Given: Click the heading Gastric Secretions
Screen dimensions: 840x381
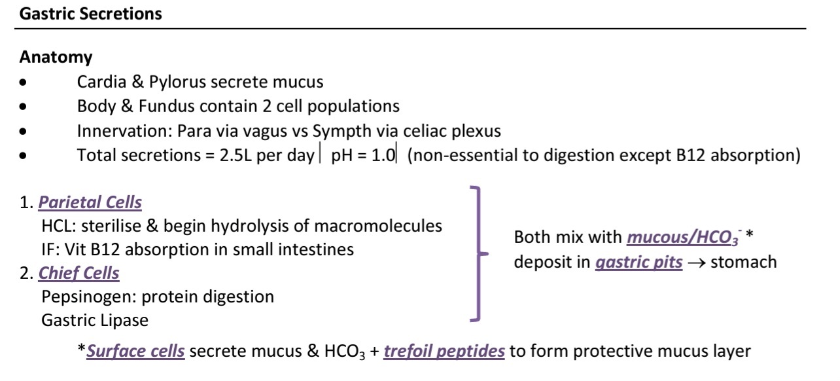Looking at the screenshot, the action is click(x=91, y=14).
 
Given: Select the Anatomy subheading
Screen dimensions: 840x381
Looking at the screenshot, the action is click(x=56, y=58).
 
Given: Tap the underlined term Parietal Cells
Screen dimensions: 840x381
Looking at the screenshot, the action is click(x=90, y=202).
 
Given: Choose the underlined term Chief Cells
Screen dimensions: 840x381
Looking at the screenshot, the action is click(x=79, y=273).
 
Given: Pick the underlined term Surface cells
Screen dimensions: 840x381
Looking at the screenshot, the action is click(x=135, y=351).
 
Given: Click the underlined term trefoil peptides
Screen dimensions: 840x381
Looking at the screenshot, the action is click(x=444, y=351).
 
